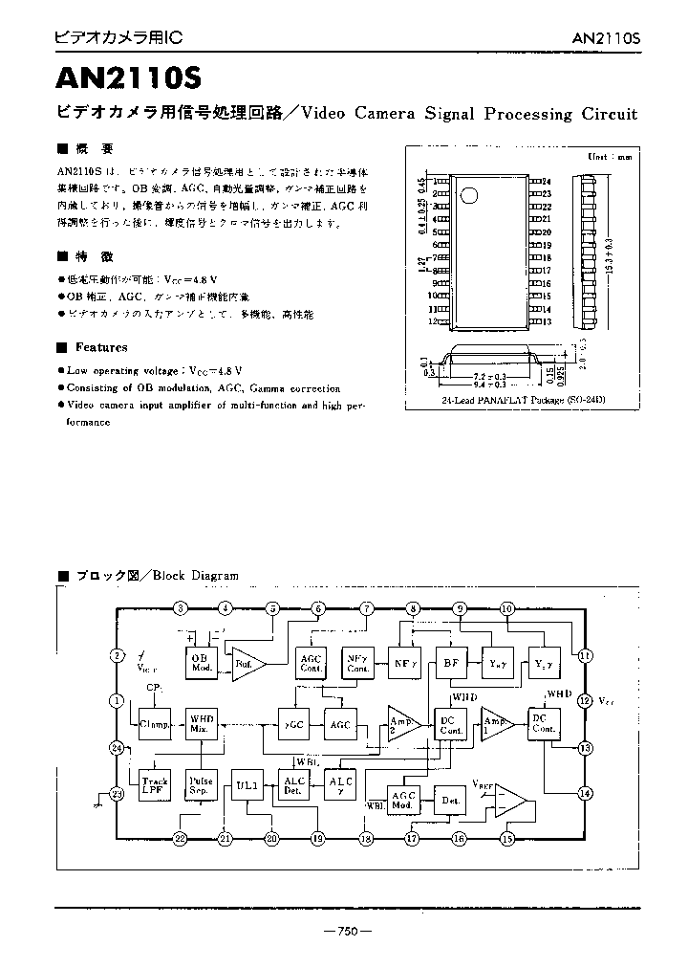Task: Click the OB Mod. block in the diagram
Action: (x=200, y=663)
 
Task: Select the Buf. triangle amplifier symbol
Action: (x=247, y=663)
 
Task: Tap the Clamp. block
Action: (x=154, y=724)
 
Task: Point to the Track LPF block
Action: (x=154, y=786)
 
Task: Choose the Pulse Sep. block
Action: (x=200, y=786)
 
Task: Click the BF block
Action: (x=449, y=663)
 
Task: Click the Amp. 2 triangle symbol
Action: (x=400, y=724)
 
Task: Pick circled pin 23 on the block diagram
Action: (x=118, y=793)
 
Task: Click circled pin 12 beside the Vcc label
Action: (x=585, y=700)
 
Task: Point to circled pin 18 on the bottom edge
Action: (x=365, y=839)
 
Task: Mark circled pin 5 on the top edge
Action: (x=272, y=608)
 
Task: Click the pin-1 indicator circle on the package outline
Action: (x=468, y=196)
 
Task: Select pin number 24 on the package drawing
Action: (x=547, y=181)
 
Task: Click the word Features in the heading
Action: (x=101, y=347)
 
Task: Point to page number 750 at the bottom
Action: (x=347, y=933)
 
